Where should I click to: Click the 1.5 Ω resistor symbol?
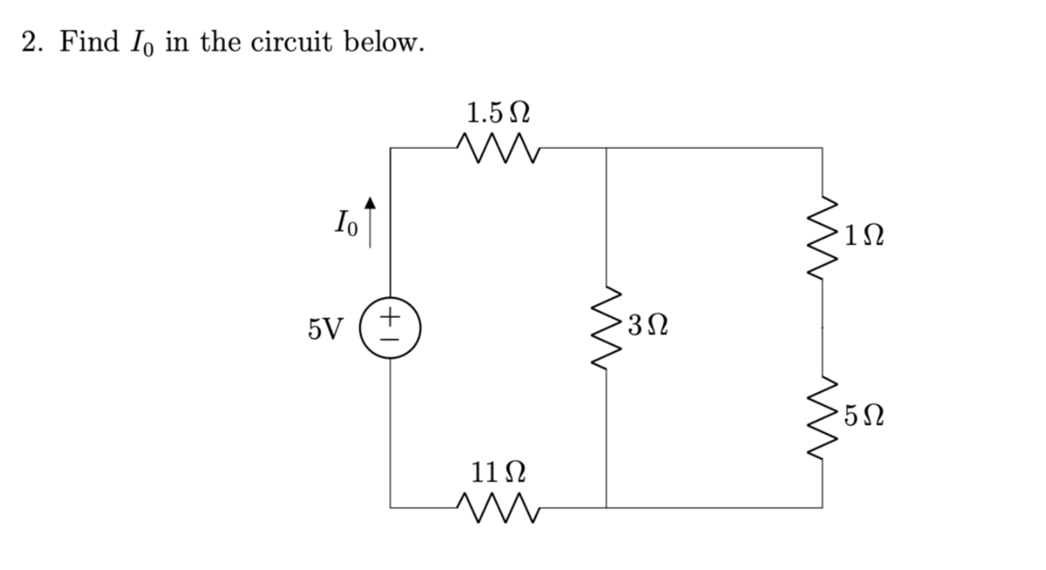click(x=497, y=147)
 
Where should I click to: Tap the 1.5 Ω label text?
click(x=497, y=114)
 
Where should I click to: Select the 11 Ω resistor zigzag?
click(x=497, y=507)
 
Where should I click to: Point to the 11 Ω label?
click(x=497, y=473)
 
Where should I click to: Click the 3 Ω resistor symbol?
click(x=607, y=327)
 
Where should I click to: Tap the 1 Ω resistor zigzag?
click(x=822, y=238)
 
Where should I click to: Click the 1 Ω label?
click(x=863, y=238)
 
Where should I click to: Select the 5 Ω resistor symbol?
click(x=822, y=417)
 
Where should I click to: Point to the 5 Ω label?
click(x=863, y=415)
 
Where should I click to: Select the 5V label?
click(x=324, y=329)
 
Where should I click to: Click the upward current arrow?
click(x=369, y=223)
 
